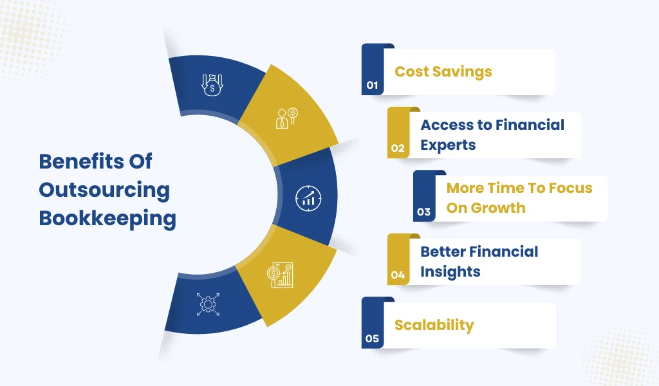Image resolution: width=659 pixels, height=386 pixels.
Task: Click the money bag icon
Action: click(x=212, y=85)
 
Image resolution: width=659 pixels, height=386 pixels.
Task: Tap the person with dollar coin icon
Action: click(x=287, y=118)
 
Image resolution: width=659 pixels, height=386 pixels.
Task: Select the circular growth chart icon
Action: click(x=308, y=198)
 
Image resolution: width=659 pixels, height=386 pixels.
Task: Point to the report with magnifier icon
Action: click(x=280, y=275)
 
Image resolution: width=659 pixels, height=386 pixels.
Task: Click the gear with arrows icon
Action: click(x=208, y=304)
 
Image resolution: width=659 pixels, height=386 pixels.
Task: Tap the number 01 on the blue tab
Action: click(x=373, y=86)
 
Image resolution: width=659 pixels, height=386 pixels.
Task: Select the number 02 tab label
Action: click(x=398, y=148)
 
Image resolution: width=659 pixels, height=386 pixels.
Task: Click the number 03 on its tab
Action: click(x=423, y=212)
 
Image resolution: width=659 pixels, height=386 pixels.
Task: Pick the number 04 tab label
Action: click(x=398, y=275)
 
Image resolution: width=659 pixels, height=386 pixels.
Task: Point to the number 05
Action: click(x=373, y=338)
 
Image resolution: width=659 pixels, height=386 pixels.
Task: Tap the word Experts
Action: click(x=448, y=145)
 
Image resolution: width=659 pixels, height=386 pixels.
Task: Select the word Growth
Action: click(x=498, y=208)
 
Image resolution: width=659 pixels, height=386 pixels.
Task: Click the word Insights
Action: click(x=450, y=271)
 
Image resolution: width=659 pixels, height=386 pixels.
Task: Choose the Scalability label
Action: click(x=434, y=325)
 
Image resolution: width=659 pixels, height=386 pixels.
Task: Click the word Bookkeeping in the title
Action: click(x=107, y=219)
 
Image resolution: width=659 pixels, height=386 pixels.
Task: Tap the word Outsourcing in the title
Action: click(x=105, y=190)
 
